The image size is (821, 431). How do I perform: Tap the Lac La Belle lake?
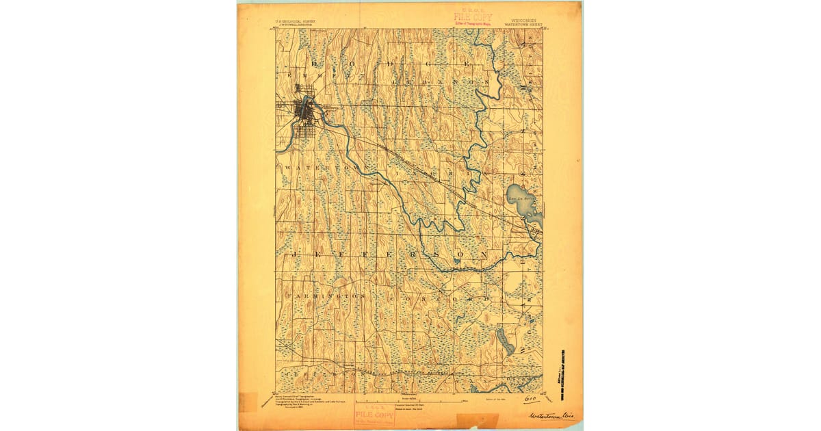coord(524,205)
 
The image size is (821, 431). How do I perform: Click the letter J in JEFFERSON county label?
coord(296,254)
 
